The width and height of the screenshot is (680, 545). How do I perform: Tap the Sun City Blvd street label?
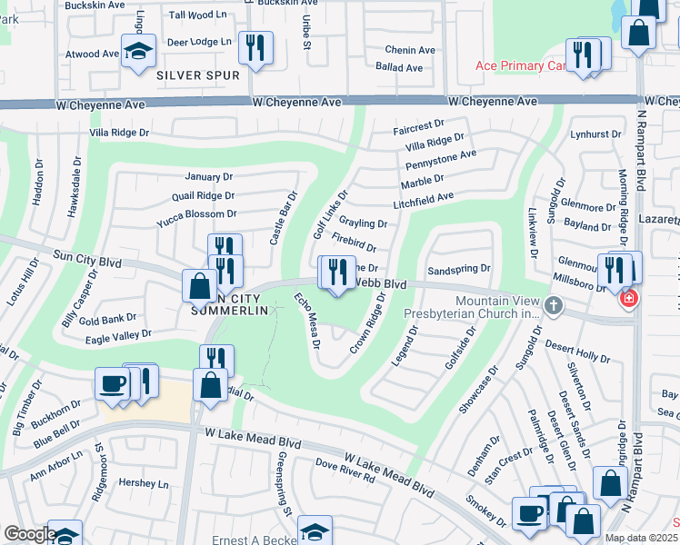coord(87,260)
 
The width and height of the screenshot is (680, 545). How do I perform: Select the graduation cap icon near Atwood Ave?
coord(139,53)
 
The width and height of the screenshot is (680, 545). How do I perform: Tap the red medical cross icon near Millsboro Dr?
coord(626,298)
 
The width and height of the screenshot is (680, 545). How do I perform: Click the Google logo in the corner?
coord(29,534)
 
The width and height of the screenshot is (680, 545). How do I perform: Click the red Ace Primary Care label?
coord(521,66)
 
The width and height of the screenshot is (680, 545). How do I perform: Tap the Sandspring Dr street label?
coord(458,269)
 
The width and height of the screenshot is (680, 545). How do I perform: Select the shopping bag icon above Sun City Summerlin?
coord(199,286)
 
